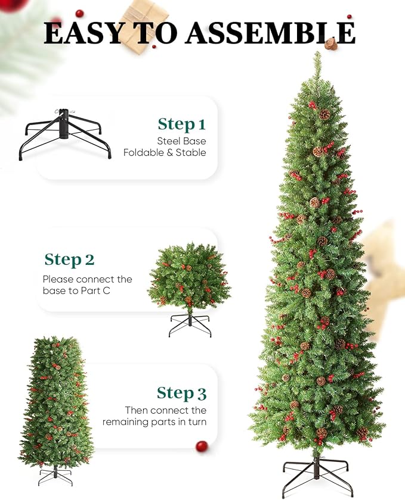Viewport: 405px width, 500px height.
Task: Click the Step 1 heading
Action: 181,124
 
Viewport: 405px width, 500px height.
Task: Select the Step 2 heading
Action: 69,260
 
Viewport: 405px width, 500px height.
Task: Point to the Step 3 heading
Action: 181,393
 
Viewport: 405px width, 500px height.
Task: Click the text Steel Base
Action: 181,141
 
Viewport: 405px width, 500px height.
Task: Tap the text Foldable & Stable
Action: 165,153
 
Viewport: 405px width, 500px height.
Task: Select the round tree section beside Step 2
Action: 189,277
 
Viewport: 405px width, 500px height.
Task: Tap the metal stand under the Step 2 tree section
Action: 190,324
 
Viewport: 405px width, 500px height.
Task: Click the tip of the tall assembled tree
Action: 317,55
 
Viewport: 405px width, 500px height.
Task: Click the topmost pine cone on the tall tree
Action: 324,114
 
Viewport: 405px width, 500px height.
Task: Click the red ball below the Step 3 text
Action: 202,446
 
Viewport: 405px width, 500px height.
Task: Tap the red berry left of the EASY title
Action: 80,13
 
